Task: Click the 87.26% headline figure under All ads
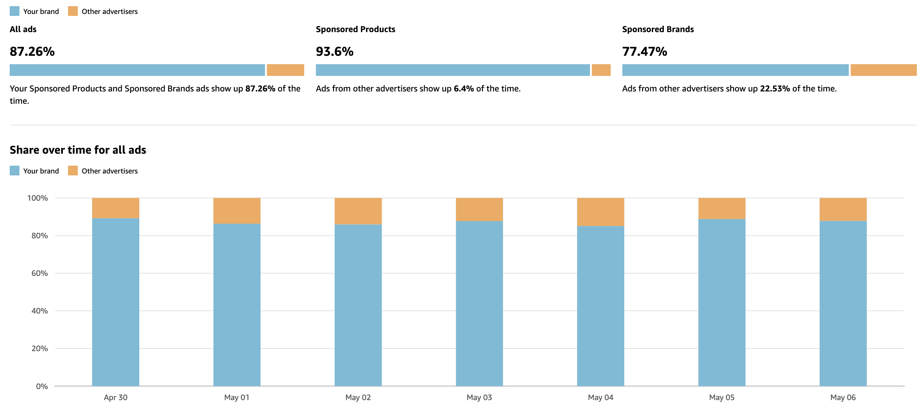click(32, 52)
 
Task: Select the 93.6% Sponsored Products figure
click(334, 52)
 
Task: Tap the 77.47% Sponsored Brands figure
click(644, 52)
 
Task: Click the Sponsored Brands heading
click(658, 30)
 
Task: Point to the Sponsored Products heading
click(355, 30)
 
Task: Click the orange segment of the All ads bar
click(285, 70)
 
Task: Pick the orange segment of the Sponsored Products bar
click(601, 70)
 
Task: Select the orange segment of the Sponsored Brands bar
click(883, 70)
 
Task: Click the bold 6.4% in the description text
click(464, 89)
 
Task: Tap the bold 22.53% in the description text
click(775, 89)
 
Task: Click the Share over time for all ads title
click(78, 150)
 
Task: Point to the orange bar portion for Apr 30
click(116, 208)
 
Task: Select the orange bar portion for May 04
click(600, 212)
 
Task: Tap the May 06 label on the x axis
click(843, 397)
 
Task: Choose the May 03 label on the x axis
click(479, 397)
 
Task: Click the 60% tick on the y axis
click(40, 273)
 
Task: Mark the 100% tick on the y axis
click(38, 198)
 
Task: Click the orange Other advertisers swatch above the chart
click(73, 171)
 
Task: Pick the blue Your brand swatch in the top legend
click(15, 11)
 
